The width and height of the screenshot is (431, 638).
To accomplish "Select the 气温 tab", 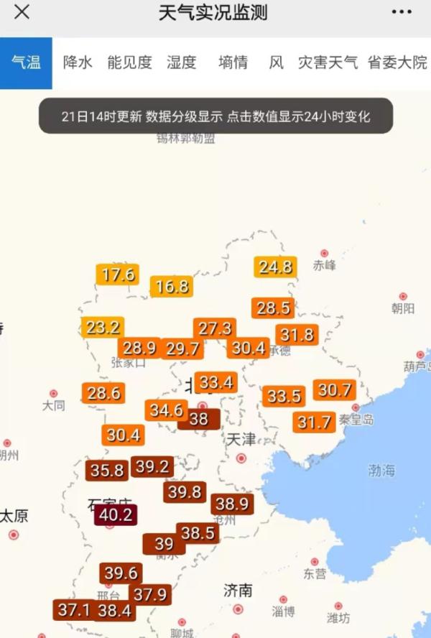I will (x=26, y=63).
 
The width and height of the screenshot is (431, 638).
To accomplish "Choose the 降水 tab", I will (x=78, y=63).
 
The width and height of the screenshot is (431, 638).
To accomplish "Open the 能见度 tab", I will (x=130, y=63).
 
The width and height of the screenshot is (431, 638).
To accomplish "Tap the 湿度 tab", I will (x=182, y=63).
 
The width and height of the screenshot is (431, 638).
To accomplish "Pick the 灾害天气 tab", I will (x=328, y=63).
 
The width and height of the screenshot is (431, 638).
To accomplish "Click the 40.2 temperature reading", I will (x=115, y=514).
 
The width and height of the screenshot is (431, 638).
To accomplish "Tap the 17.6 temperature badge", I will (x=118, y=274).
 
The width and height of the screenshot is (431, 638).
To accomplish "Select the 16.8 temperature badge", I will (x=172, y=287).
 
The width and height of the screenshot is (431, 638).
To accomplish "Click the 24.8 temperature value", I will (x=275, y=267).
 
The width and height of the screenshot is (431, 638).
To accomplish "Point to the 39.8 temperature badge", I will (x=185, y=492).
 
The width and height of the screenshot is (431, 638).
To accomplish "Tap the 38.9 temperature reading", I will (x=232, y=504).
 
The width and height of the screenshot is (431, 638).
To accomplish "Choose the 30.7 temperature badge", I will (x=335, y=390).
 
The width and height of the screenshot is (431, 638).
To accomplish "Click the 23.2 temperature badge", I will (x=102, y=328).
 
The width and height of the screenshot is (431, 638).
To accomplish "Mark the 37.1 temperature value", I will (x=74, y=610).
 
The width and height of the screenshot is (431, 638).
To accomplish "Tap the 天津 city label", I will (x=241, y=439).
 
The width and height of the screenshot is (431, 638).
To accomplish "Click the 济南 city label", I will (x=238, y=591).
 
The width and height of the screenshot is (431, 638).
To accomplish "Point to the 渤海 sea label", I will (x=381, y=471).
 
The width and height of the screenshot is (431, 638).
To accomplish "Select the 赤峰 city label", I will (x=325, y=265).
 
